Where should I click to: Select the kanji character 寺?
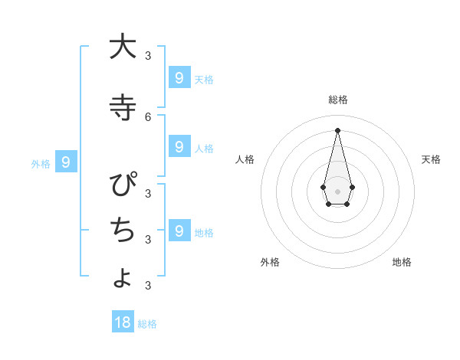point(122,107)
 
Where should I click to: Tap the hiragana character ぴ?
point(123,186)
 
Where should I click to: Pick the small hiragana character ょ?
point(123,277)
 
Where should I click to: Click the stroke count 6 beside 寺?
point(148,116)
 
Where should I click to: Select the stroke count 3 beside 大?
point(148,55)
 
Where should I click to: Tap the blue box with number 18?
point(123,322)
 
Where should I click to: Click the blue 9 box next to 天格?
point(179,77)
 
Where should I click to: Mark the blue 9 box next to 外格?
point(66,162)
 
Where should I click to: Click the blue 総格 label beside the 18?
point(147,324)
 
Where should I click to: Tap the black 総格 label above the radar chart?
point(338,100)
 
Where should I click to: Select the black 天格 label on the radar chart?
point(431,159)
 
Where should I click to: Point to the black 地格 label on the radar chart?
point(402,262)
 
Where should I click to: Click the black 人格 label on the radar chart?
point(245,159)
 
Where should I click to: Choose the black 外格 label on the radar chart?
point(270,262)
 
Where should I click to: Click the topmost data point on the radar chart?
point(337,130)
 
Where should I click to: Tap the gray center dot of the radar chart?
point(337,191)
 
